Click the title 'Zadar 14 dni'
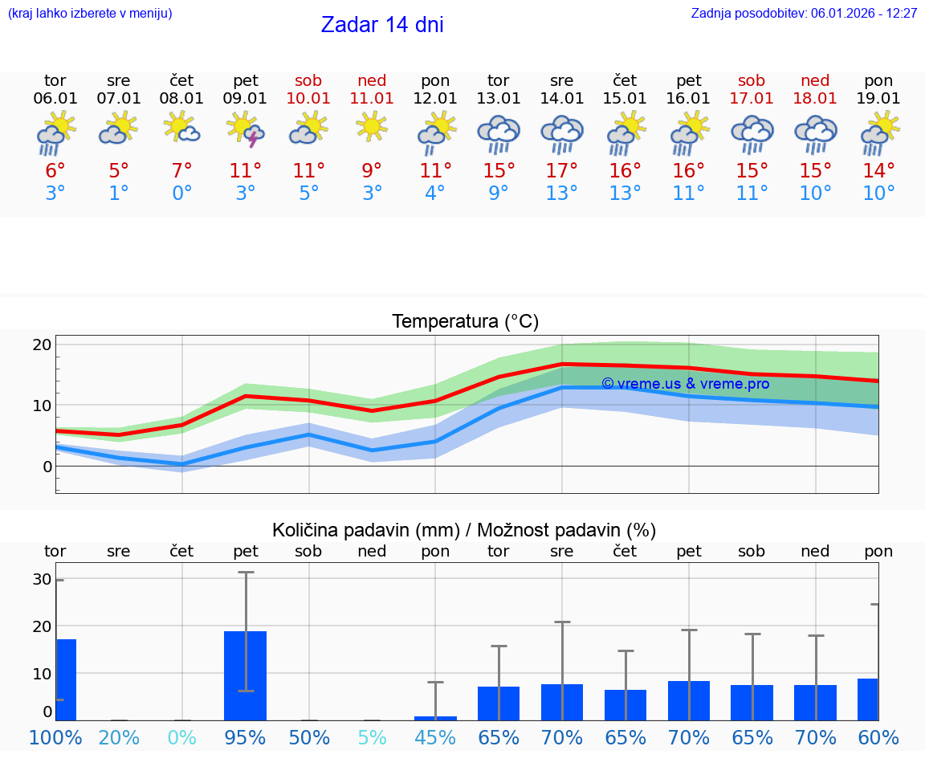382,25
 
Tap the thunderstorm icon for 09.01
245,129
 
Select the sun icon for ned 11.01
372,127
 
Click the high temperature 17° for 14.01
561,171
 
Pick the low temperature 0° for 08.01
182,194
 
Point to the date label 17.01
752,99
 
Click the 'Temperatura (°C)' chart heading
465,322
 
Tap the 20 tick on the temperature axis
42,345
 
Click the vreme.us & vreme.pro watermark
685,384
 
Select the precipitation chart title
464,530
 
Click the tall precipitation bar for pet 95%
245,675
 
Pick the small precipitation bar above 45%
435,718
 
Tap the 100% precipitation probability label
55,737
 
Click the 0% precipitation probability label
182,737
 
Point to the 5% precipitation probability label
372,737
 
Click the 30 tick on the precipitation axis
42,580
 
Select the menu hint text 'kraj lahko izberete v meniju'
90,14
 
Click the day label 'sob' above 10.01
308,81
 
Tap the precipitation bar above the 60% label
868,699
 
